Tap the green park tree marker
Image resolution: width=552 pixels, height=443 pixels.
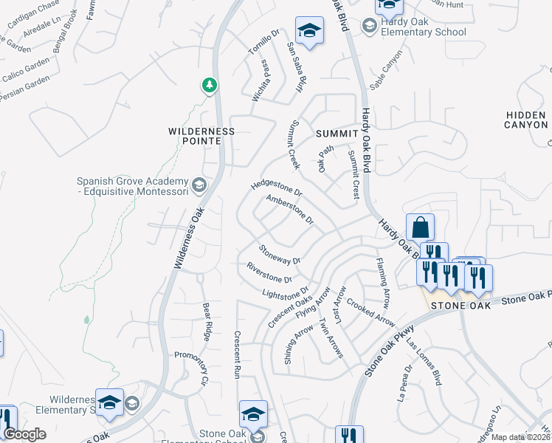point(210,86)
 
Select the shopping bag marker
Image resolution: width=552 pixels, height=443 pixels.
point(419,228)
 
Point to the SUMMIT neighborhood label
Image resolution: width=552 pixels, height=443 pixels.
point(337,133)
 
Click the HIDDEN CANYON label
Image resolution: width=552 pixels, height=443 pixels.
point(526,120)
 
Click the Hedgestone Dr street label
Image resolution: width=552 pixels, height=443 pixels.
point(277,184)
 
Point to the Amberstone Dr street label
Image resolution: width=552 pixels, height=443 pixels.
point(290,209)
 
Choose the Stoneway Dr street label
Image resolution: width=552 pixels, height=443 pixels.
point(280,255)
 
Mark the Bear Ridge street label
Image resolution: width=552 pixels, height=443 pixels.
point(207,317)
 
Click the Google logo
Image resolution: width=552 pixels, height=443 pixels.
point(25,434)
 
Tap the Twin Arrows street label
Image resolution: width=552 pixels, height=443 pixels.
point(330,339)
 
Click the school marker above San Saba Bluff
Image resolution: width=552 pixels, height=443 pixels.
point(308,30)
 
